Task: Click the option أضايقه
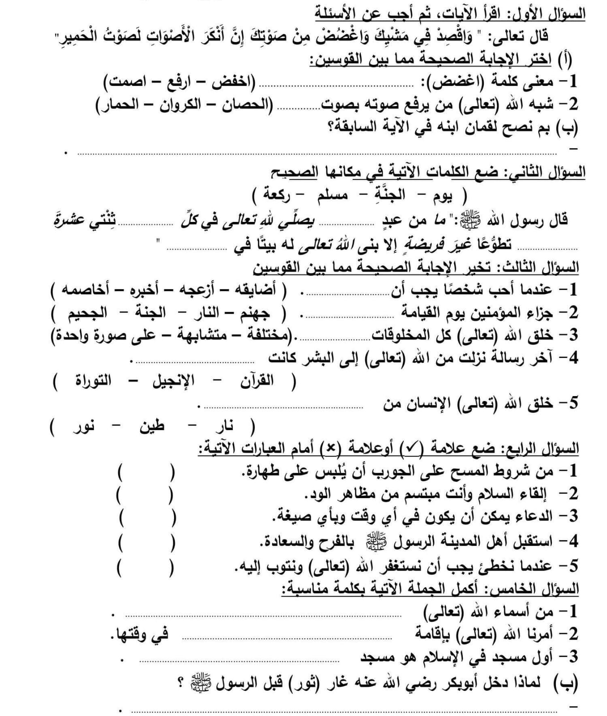point(261,290)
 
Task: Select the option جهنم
point(253,312)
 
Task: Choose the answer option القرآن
point(257,381)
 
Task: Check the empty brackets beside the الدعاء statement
point(146,517)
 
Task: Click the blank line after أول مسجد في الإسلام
point(239,660)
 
